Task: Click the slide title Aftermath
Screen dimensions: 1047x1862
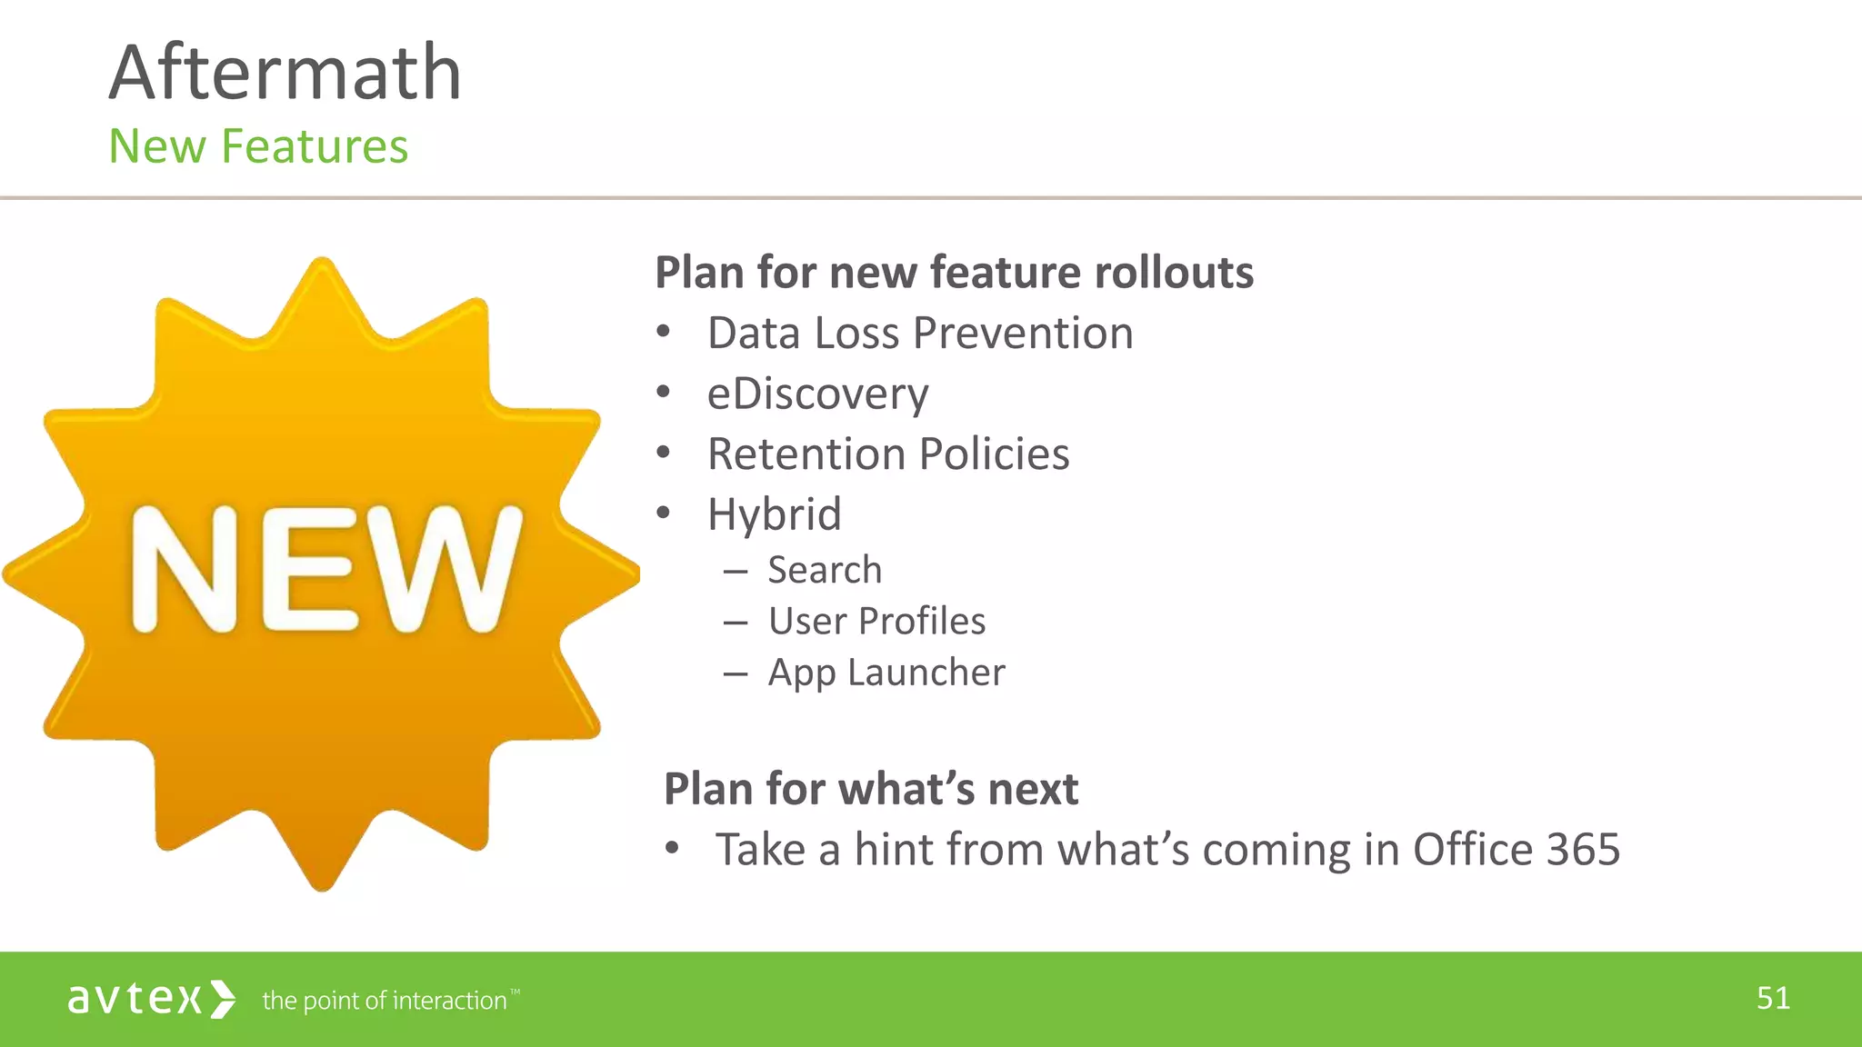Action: (285, 73)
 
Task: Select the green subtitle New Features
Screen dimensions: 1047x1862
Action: (258, 146)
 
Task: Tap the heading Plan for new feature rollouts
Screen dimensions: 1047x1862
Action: (954, 272)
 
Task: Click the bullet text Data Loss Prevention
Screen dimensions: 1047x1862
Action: (920, 333)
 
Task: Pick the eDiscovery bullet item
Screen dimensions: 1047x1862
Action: (817, 394)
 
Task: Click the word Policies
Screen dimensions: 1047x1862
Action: (996, 454)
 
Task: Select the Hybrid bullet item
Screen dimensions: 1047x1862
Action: (774, 514)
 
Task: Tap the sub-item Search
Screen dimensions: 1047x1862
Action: (825, 570)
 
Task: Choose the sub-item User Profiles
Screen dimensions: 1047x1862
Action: (876, 621)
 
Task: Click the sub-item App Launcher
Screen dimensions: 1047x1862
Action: (886, 673)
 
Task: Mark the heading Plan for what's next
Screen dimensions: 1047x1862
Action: (870, 788)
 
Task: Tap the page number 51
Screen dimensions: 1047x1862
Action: (1773, 998)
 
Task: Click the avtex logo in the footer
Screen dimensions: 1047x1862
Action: (151, 999)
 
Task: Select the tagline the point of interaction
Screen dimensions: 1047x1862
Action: (385, 1001)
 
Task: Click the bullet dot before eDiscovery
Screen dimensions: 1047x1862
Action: (664, 393)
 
